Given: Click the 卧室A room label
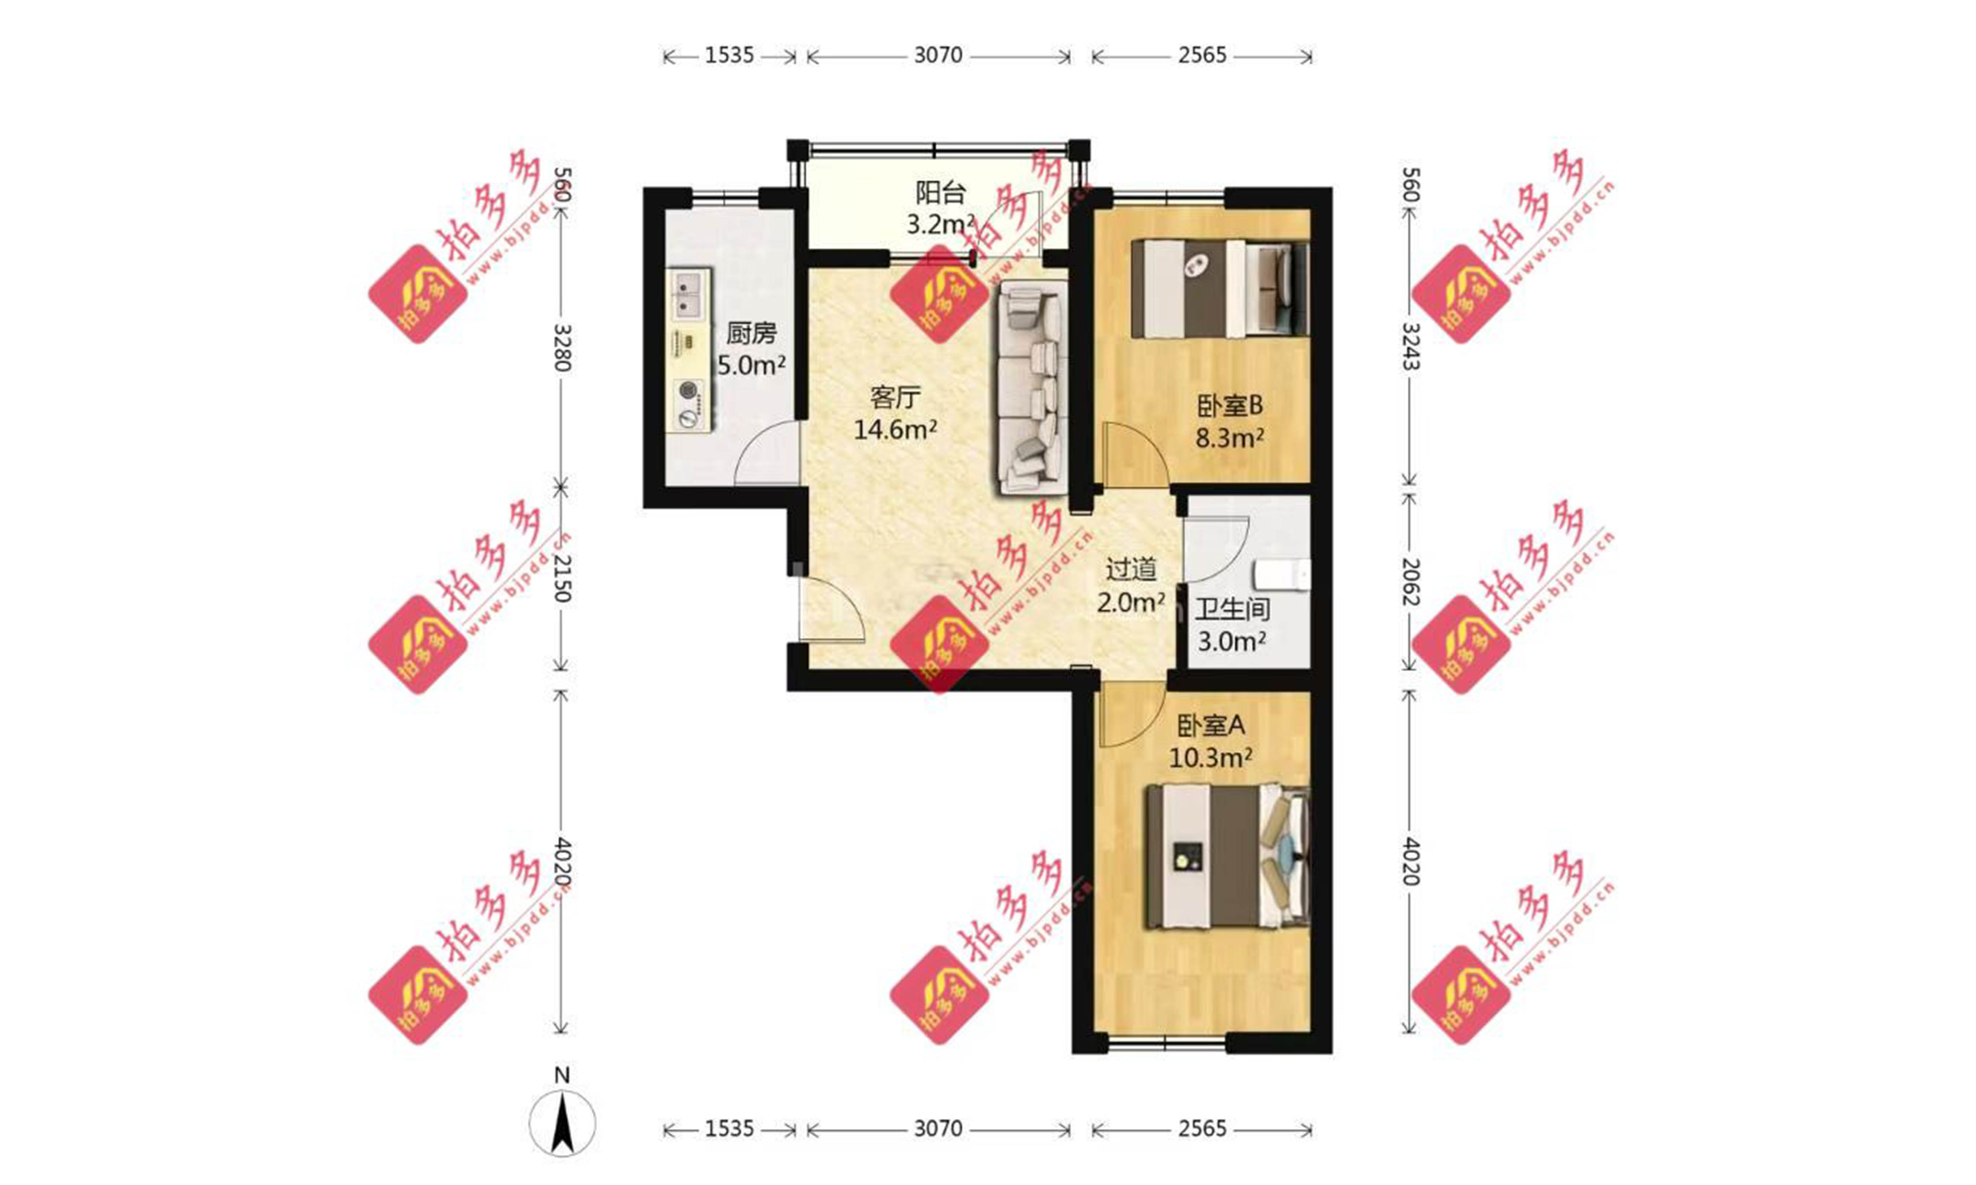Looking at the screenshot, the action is click(1211, 725).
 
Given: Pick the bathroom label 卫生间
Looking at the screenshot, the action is click(1232, 610).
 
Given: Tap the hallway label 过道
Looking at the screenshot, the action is click(1131, 569).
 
